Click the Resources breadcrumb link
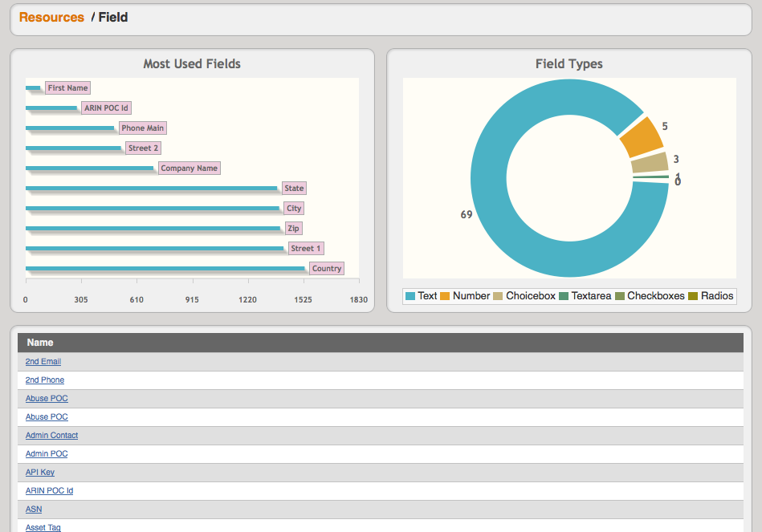51,17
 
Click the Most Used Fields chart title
192,63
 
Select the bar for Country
165,268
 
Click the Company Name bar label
189,169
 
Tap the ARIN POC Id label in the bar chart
107,108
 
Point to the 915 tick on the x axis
193,299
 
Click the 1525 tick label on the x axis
303,299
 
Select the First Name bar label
67,88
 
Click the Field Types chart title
568,63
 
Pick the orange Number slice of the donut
641,143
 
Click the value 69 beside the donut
467,214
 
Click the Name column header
40,343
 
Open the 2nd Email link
43,362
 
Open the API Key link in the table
40,473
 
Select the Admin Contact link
51,436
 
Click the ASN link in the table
34,510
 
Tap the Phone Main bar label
143,128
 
